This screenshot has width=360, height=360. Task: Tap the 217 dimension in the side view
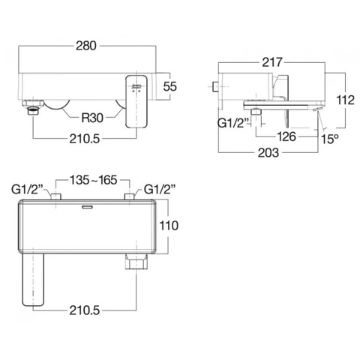click(x=272, y=64)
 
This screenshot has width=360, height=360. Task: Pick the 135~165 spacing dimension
click(x=93, y=180)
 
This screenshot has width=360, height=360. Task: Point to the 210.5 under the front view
click(x=85, y=136)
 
